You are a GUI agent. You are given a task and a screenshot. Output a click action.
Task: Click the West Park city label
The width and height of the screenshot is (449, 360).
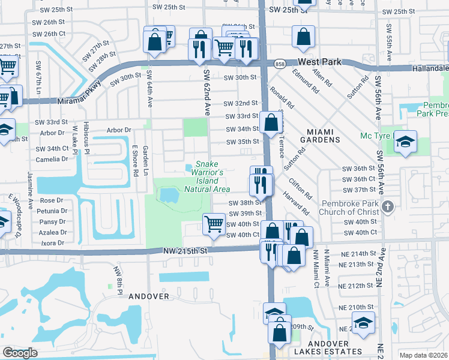point(322,62)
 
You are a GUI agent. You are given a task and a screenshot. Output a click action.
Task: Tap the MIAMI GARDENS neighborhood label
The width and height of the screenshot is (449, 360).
point(315,135)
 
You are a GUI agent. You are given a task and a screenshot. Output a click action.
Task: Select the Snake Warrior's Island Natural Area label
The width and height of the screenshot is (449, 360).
point(206,177)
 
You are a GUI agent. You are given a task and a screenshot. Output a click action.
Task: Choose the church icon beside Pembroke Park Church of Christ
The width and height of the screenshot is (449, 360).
point(388,208)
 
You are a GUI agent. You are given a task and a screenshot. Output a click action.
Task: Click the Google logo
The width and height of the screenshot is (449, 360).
point(20,353)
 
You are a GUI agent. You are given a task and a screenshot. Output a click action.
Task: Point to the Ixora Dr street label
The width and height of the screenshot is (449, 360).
point(52,243)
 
